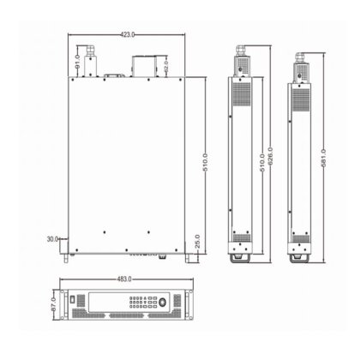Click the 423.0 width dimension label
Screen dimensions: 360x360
[x=126, y=35]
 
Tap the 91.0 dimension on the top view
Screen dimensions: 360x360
[x=78, y=62]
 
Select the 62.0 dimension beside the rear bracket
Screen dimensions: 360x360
[x=165, y=65]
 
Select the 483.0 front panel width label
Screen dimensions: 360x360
[x=126, y=280]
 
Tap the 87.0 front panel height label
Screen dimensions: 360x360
[x=52, y=304]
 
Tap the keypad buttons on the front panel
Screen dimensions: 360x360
[x=137, y=304]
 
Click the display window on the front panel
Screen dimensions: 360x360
[x=104, y=303]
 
